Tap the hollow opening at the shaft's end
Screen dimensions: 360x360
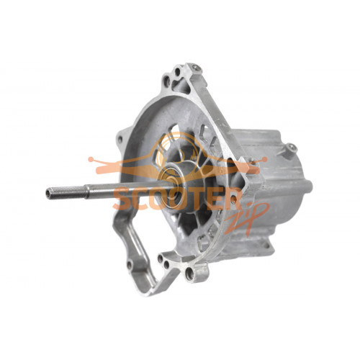coord(48,193)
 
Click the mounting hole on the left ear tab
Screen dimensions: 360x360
coord(120,139)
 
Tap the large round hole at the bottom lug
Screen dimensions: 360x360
coord(189,274)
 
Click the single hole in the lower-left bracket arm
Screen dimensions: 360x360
coord(130,264)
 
